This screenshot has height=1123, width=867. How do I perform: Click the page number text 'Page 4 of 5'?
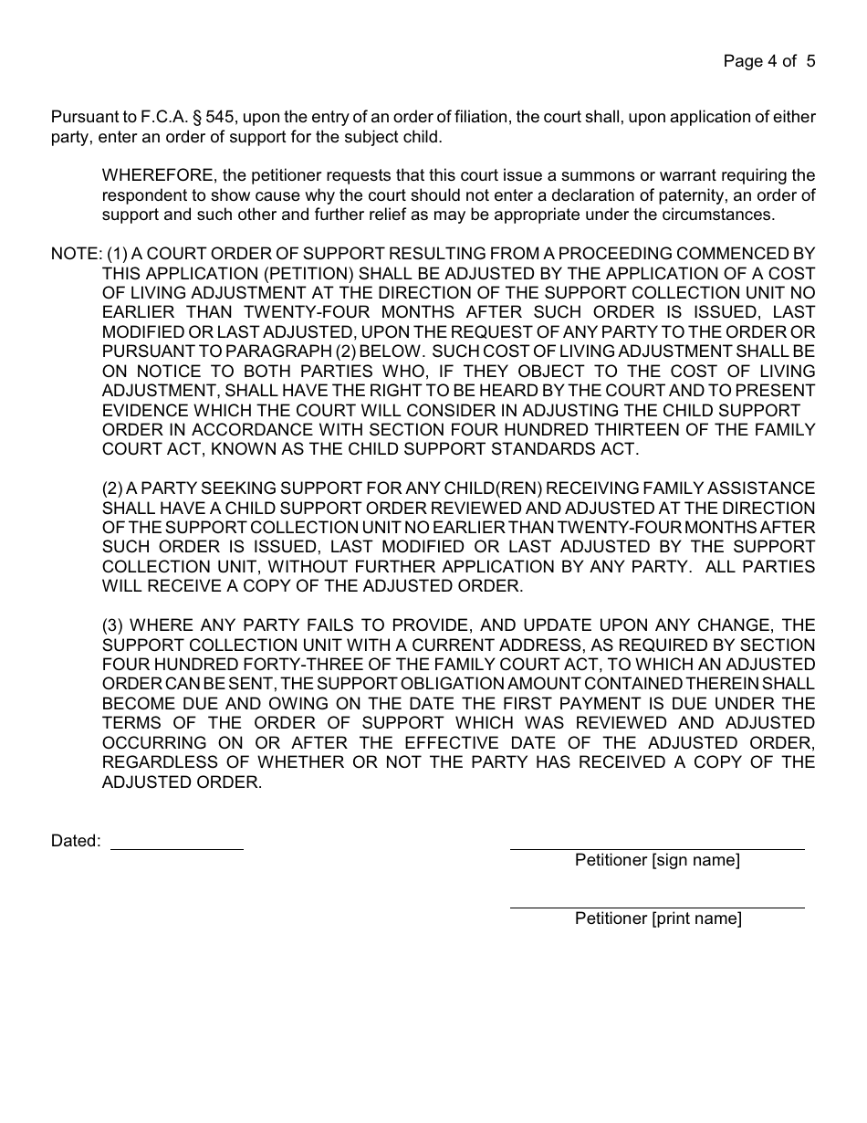pyautogui.click(x=768, y=61)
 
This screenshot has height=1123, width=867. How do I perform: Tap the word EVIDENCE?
pyautogui.click(x=144, y=411)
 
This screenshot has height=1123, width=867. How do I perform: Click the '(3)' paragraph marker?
pyautogui.click(x=114, y=625)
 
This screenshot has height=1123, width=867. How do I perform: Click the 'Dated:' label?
pyautogui.click(x=76, y=841)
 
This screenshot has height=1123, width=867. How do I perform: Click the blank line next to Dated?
pyautogui.click(x=177, y=848)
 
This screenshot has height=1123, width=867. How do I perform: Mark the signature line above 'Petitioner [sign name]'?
pyautogui.click(x=657, y=848)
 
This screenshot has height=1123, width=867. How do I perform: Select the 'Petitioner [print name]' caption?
pyautogui.click(x=658, y=918)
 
